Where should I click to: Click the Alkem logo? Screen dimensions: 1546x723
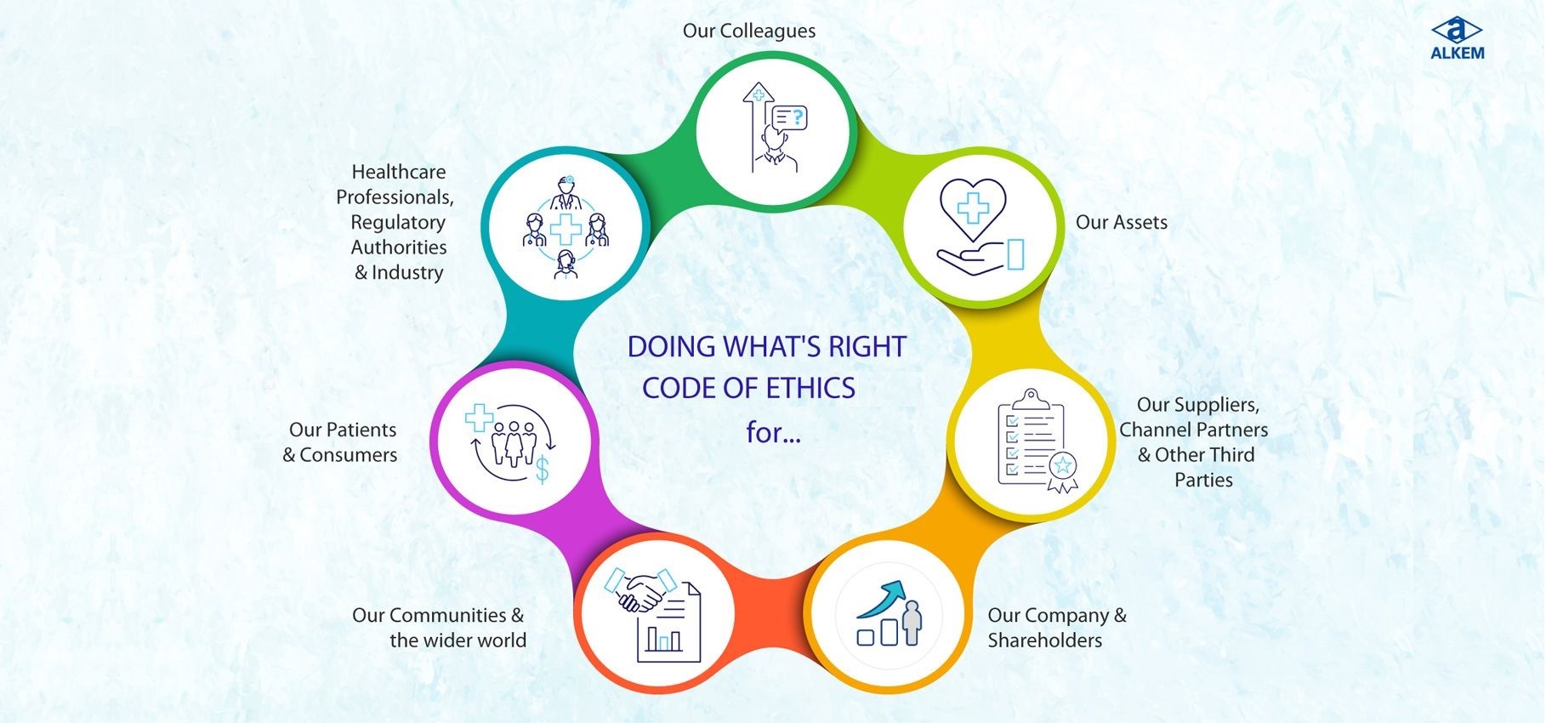pyautogui.click(x=1457, y=39)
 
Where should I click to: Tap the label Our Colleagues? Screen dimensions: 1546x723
pyautogui.click(x=748, y=31)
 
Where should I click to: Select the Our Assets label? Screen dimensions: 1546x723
pyautogui.click(x=1121, y=222)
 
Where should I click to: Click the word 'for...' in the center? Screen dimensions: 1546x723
pyautogui.click(x=773, y=433)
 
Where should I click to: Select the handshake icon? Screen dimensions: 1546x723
pyautogui.click(x=640, y=589)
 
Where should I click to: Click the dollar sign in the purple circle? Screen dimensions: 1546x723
pyautogui.click(x=542, y=469)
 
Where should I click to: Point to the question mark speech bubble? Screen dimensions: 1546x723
pyautogui.click(x=787, y=117)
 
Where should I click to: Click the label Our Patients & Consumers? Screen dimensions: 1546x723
pyautogui.click(x=340, y=442)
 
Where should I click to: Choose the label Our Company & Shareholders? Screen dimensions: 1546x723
pyautogui.click(x=1057, y=628)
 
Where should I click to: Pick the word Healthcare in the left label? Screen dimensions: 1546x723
pyautogui.click(x=399, y=172)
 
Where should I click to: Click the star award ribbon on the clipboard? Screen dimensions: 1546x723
pyautogui.click(x=1062, y=472)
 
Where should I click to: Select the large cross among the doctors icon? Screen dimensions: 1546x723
pyautogui.click(x=566, y=229)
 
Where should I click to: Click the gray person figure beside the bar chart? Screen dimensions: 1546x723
pyautogui.click(x=912, y=623)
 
